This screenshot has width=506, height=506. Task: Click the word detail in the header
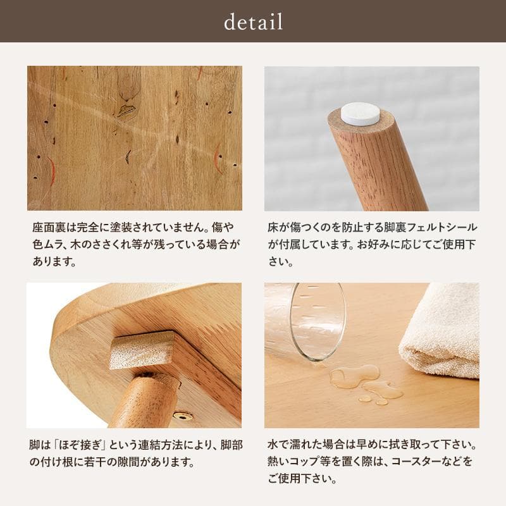[253, 22]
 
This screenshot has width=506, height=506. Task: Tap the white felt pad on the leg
[361, 114]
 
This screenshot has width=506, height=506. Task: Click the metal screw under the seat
[183, 416]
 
